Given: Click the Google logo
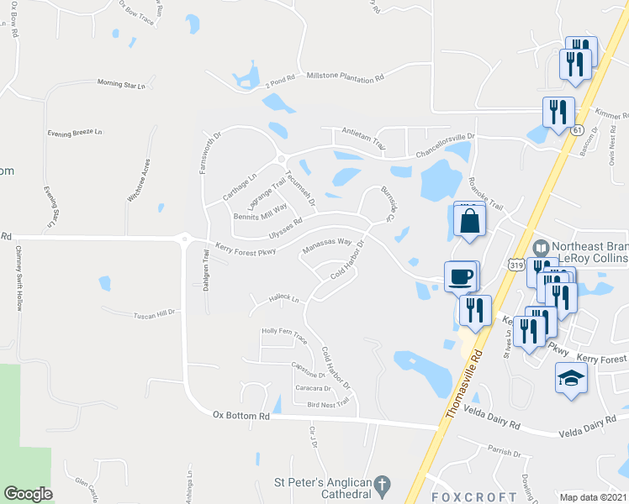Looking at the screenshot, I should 28,494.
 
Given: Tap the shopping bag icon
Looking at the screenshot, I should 468,222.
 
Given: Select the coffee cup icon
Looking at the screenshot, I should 459,276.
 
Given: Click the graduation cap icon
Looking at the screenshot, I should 571,378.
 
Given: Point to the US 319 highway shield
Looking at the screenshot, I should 516,264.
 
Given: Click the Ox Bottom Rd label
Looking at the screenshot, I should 240,415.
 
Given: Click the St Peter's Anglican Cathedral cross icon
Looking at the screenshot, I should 383,486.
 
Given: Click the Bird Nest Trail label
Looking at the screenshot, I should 328,404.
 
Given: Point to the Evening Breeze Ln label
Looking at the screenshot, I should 74,133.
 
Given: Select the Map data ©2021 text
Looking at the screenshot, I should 593,497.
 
